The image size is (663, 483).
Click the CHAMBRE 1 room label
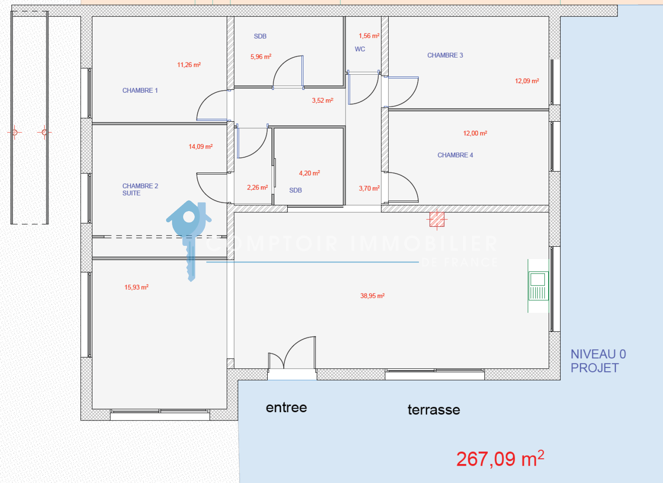pos(140,91)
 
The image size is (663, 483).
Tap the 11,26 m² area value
pos(189,65)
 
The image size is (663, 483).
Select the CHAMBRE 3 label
pos(445,55)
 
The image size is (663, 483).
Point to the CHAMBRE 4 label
pos(455,155)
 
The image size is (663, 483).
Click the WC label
pos(360,49)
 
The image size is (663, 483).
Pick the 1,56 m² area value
pos(369,36)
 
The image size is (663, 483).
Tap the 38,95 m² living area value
pos(373,296)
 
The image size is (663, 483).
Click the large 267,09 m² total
pos(500,459)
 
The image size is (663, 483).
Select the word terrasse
pos(434,410)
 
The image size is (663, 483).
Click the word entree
pos(286,408)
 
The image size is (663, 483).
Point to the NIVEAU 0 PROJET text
pos(598,361)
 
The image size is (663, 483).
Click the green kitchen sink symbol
pos(538,286)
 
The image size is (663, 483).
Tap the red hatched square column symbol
pos(437,219)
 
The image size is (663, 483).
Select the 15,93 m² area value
pos(136,287)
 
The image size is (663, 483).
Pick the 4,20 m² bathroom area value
pos(309,173)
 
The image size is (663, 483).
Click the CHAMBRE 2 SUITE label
pos(140,190)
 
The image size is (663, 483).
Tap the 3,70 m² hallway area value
pos(369,188)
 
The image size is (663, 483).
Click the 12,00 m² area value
pos(475,133)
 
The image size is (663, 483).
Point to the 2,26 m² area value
pos(257,187)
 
